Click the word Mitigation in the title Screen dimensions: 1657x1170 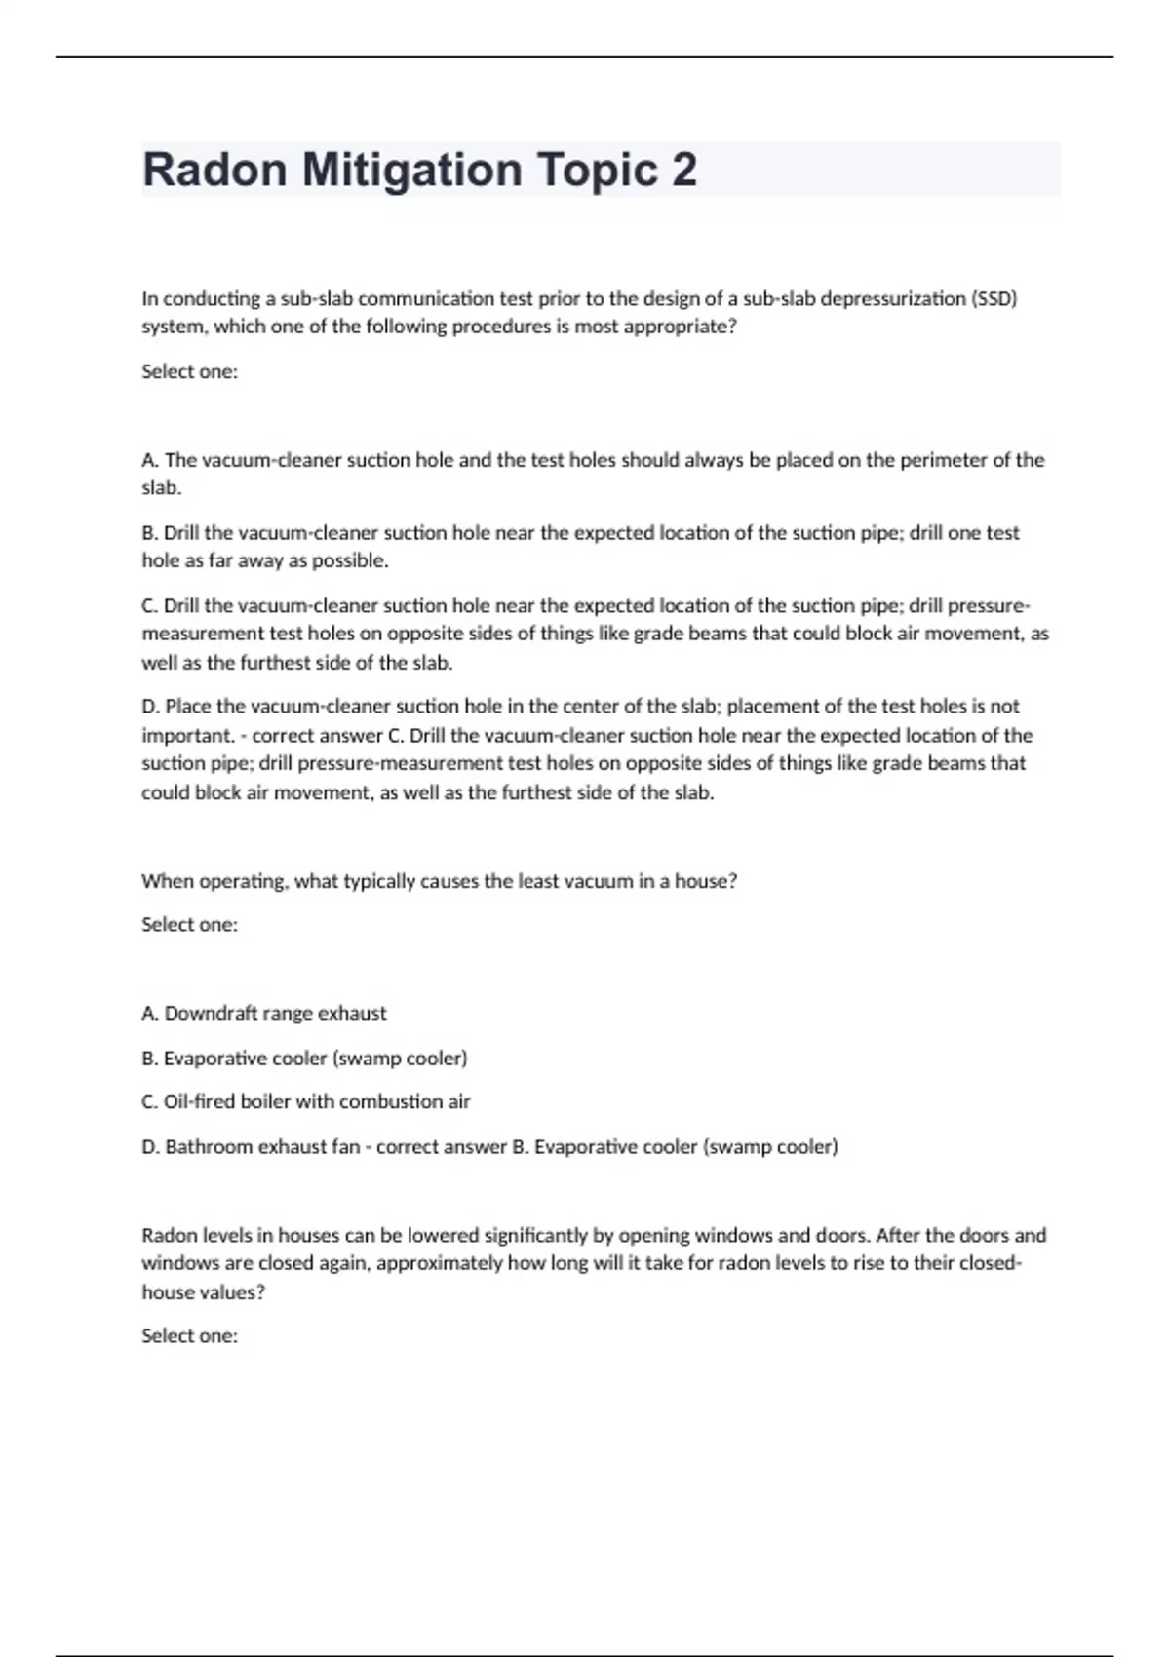coord(411,170)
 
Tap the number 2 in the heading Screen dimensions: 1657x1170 coord(683,170)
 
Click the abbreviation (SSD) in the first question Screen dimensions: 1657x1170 coord(994,298)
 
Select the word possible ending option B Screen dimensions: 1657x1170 coord(355,561)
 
